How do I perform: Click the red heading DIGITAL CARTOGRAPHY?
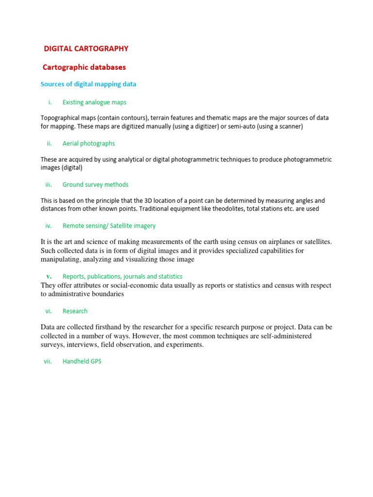point(86,49)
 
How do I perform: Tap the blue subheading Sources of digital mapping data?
point(88,84)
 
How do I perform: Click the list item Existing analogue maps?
point(94,102)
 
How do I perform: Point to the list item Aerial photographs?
point(89,144)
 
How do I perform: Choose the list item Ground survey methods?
point(96,184)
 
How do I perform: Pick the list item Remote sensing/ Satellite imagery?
point(109,226)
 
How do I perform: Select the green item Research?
point(75,311)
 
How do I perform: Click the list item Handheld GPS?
point(82,362)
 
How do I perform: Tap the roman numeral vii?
point(48,362)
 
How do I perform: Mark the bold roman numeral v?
point(49,276)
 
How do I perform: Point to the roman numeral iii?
point(49,184)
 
